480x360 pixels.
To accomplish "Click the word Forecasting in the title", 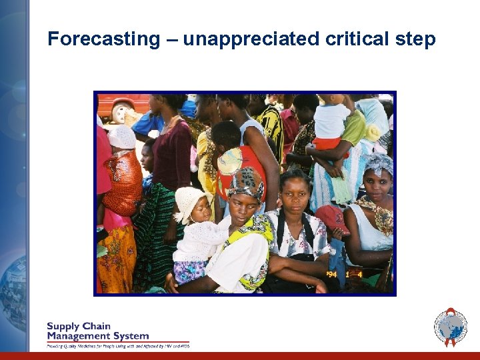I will point(104,39).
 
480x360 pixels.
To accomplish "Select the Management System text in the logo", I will point(97,336).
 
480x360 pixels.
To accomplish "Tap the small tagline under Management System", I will point(118,346).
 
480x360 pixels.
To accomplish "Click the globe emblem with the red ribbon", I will point(451,327).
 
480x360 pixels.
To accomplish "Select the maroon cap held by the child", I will point(332,217).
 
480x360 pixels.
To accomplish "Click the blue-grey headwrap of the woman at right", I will point(378,164).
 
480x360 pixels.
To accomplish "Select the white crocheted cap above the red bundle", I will point(121,136).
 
